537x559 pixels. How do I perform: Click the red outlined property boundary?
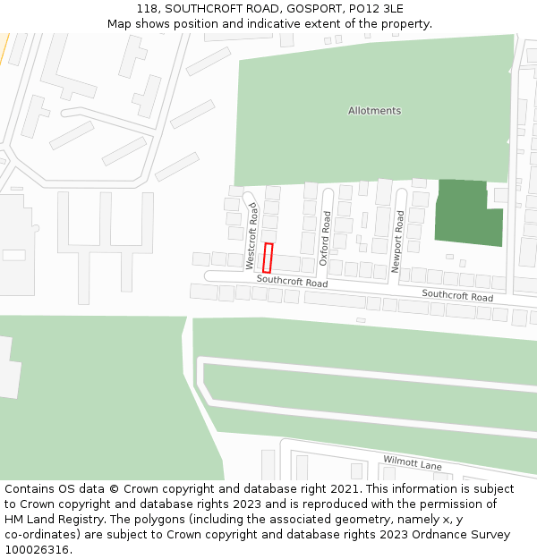(x=268, y=258)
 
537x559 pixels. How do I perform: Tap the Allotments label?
(x=374, y=111)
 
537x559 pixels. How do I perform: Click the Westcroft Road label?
(x=251, y=236)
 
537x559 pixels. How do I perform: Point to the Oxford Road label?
(x=325, y=232)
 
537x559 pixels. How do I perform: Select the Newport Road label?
(x=398, y=241)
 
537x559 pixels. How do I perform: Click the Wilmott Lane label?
(x=413, y=464)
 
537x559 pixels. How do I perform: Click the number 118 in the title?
(x=148, y=8)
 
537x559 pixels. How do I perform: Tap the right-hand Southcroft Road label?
(x=457, y=295)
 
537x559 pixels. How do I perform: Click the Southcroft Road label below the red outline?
(x=292, y=281)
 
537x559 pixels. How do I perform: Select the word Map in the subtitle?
(x=119, y=23)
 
